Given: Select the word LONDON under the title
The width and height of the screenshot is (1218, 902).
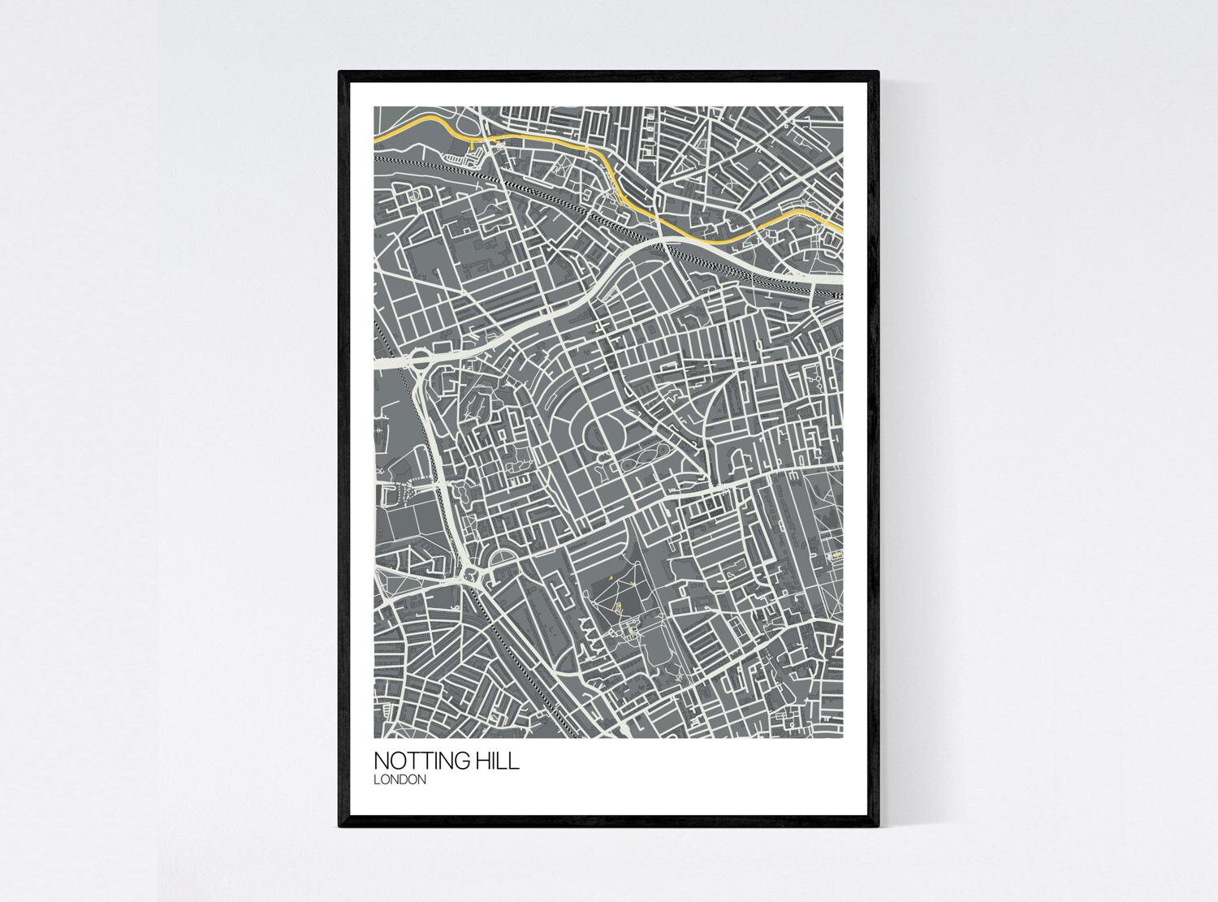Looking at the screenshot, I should [x=400, y=780].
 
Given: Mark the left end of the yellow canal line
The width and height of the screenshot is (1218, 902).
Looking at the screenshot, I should [x=376, y=141].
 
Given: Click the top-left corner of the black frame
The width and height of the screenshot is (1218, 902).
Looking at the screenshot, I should [x=341, y=74].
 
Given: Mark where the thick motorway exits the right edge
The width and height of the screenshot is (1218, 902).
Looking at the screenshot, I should [x=840, y=277].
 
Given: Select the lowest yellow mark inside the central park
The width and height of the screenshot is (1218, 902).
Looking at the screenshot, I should [x=617, y=606].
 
